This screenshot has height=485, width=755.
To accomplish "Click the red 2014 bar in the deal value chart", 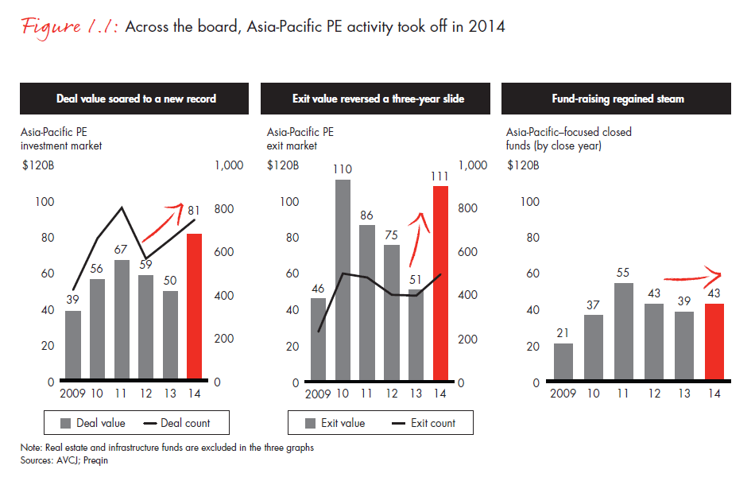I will (x=195, y=306).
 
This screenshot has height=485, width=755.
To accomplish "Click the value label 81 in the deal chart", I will (x=193, y=211).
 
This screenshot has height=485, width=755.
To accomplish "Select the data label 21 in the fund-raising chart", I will (x=563, y=332).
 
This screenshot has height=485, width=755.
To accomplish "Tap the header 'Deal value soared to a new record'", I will (x=136, y=99).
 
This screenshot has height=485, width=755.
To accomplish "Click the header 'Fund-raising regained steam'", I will (x=617, y=99).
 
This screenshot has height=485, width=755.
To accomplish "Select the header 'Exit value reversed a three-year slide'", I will (x=377, y=99).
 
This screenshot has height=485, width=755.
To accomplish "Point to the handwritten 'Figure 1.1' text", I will (x=70, y=26).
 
